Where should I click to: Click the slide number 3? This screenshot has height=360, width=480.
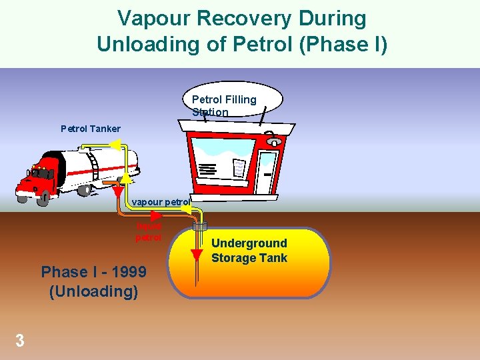(20, 341)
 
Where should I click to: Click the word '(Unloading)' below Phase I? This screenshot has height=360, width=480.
(93, 291)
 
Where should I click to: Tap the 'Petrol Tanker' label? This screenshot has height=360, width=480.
(91, 129)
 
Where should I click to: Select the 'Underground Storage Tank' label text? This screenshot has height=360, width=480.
(249, 251)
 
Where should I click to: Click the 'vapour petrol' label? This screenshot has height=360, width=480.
(161, 201)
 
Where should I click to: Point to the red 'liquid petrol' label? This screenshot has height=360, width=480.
(148, 232)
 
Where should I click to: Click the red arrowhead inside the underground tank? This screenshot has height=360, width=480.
(196, 254)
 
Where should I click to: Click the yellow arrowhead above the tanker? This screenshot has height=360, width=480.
(115, 145)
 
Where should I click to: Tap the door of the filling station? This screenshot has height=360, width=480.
(267, 171)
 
